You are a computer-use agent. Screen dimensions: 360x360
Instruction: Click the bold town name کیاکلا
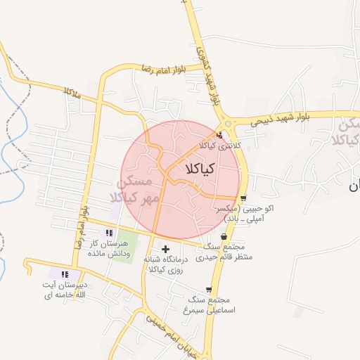pyautogui.click(x=201, y=169)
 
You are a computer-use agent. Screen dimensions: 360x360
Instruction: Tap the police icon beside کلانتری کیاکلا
pyautogui.click(x=220, y=135)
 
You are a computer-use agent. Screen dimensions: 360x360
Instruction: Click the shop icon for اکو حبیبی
pyautogui.click(x=243, y=198)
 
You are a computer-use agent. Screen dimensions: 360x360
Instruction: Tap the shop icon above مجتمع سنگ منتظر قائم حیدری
pyautogui.click(x=224, y=237)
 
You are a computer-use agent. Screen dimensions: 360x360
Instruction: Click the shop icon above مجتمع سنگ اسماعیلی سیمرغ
pyautogui.click(x=209, y=290)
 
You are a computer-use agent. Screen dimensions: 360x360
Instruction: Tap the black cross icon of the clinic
pyautogui.click(x=166, y=249)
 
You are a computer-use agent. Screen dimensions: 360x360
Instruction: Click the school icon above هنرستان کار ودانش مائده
pyautogui.click(x=108, y=233)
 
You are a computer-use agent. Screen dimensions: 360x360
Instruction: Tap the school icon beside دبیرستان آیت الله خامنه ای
pyautogui.click(x=65, y=274)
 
